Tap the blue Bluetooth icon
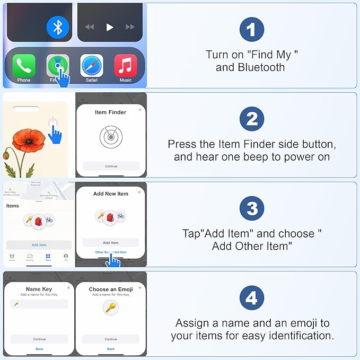[x=58, y=27]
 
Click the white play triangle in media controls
[x=110, y=27]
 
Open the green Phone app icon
[x=24, y=66]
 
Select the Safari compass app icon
[x=92, y=66]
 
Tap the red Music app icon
[x=126, y=66]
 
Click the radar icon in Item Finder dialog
[x=111, y=137]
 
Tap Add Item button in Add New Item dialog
[x=111, y=242]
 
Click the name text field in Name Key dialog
[x=39, y=304]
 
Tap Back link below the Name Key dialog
[x=39, y=349]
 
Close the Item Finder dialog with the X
[x=139, y=110]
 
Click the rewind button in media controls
[x=90, y=27]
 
